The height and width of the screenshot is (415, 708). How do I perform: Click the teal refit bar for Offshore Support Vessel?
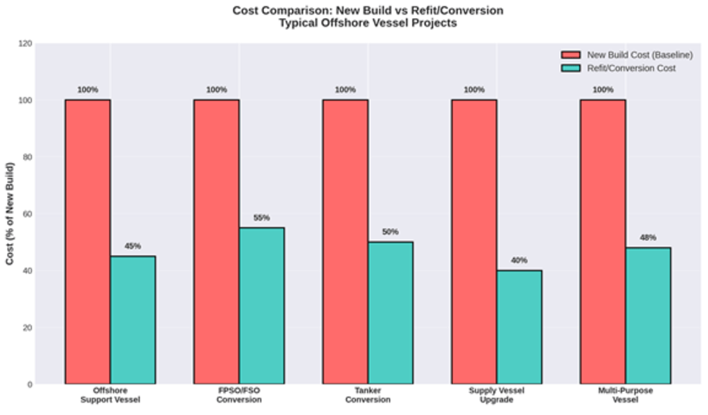(133, 320)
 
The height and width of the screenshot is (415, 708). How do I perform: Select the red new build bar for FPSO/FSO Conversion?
(216, 241)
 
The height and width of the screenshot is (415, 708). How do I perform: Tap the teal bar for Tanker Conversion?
(391, 313)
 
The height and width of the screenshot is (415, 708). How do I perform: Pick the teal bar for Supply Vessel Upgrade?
(519, 326)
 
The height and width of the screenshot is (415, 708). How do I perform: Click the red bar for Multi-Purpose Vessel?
(603, 241)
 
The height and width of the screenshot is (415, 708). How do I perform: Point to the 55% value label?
(261, 218)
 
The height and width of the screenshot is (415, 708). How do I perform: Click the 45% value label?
(133, 246)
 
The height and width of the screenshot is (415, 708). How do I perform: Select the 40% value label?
(519, 261)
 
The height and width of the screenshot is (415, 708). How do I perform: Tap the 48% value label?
(648, 238)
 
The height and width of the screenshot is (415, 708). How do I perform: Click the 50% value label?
(391, 232)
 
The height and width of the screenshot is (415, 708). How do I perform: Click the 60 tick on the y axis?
(27, 214)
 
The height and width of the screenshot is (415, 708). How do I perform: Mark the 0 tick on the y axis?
(29, 384)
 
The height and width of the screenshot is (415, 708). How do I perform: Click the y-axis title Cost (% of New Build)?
(10, 214)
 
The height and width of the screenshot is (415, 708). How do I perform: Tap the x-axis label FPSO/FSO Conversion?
(239, 395)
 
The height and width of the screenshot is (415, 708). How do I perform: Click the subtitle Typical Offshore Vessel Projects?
(368, 24)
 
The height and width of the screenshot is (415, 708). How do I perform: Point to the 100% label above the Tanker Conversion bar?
(345, 90)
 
